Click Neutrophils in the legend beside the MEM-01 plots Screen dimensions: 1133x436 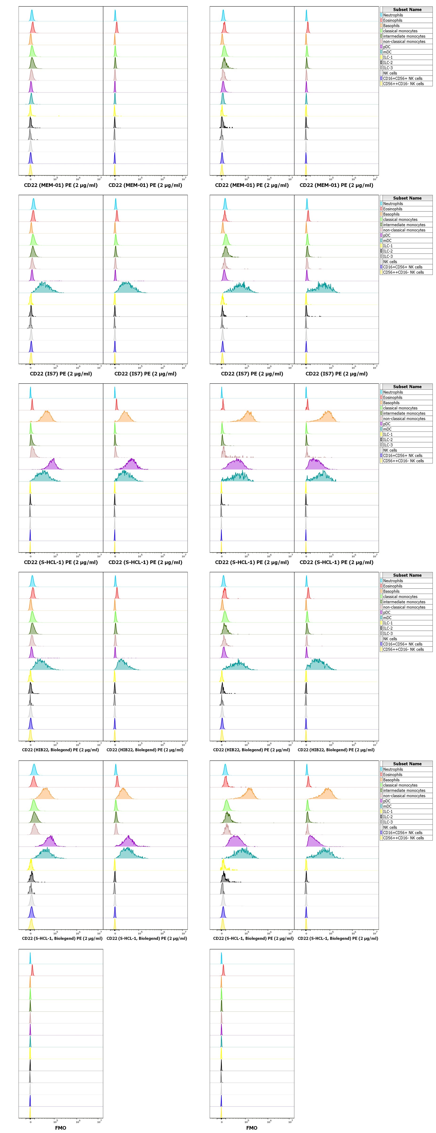392,15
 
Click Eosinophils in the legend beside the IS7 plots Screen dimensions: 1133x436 392,209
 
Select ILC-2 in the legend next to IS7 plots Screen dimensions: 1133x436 388,251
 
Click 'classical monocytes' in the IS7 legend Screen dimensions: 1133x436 400,219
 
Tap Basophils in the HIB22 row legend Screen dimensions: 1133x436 391,591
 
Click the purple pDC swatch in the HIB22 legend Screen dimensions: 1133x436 381,612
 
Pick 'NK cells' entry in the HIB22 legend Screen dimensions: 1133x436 390,639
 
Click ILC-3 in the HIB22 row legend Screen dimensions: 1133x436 388,633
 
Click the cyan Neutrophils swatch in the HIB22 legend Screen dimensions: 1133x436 381,581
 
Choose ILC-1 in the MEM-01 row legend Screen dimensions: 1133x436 388,57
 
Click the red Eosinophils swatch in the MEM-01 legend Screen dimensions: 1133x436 381,20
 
